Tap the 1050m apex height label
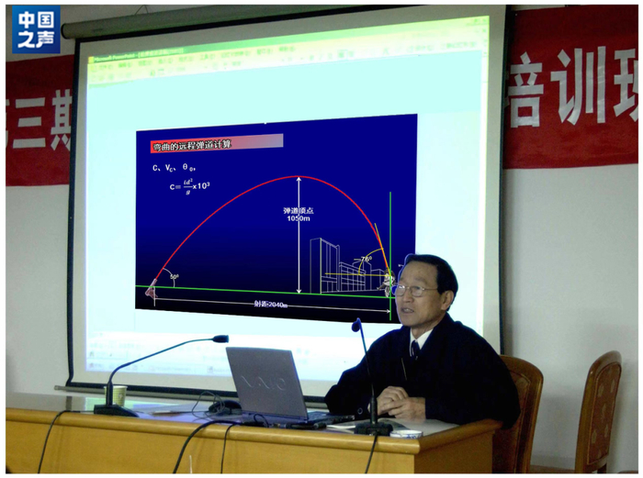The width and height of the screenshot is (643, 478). [x=299, y=214]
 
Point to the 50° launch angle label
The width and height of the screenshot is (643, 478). [x=173, y=276]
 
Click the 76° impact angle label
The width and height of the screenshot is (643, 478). [x=365, y=259]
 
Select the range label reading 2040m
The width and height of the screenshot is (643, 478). [x=271, y=305]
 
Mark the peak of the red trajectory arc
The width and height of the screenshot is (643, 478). [x=299, y=177]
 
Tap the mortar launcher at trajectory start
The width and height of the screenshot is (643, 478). [x=151, y=292]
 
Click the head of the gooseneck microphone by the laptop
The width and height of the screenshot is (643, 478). [x=220, y=339]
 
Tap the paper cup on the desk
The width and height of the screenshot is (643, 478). [x=117, y=395]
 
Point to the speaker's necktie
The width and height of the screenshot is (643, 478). [x=415, y=350]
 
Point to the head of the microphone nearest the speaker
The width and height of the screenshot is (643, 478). [x=356, y=325]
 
